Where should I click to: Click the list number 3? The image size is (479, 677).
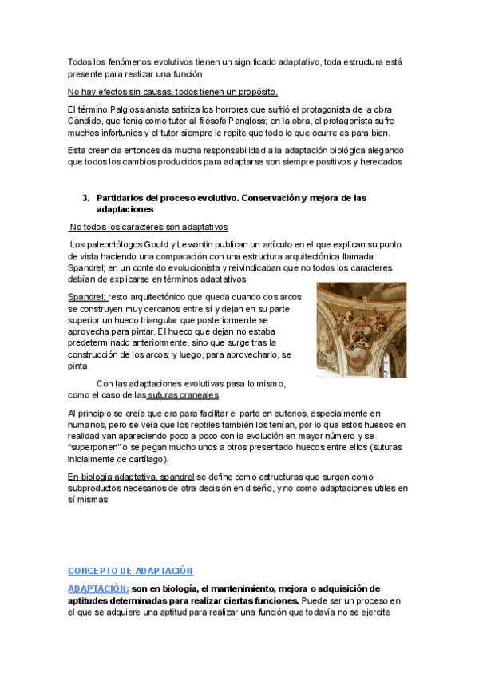point(85,197)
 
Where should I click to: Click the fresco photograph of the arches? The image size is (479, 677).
point(362,330)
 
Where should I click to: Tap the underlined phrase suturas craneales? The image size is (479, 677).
point(184,395)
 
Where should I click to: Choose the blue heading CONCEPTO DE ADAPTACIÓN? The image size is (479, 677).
point(131,572)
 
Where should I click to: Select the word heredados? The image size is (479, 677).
point(376,162)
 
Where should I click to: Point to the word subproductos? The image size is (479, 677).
point(103,489)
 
